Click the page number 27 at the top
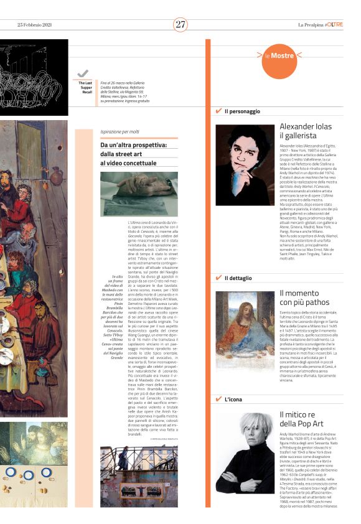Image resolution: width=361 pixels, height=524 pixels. [x=180, y=24]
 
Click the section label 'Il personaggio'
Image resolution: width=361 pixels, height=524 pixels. [x=242, y=111]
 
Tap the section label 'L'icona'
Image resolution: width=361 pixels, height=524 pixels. [x=234, y=399]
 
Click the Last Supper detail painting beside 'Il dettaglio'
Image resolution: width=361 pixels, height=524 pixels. [x=245, y=329]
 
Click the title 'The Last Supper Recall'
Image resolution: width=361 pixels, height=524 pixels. [x=83, y=88]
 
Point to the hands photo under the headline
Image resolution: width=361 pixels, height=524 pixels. [x=138, y=194]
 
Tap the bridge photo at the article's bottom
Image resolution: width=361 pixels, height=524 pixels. [x=138, y=476]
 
